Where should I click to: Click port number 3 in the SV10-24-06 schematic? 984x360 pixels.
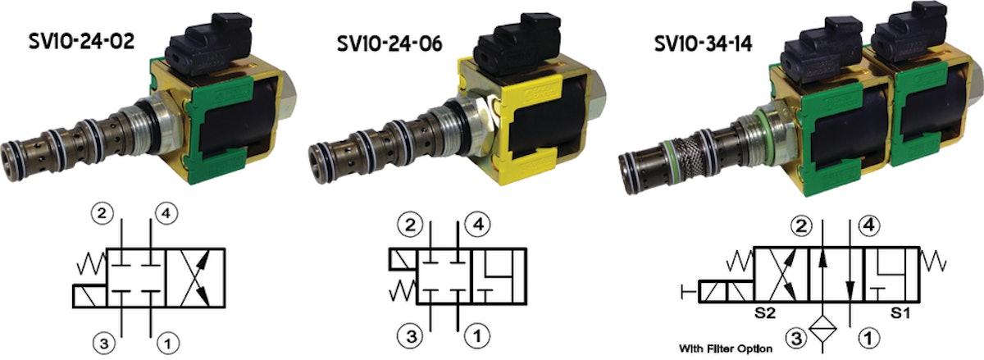coord(412,335)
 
